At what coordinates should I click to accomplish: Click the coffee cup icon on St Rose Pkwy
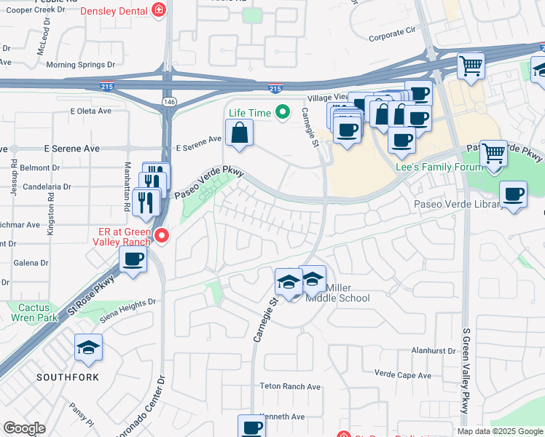[133, 259]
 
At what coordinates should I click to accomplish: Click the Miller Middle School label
[337, 293]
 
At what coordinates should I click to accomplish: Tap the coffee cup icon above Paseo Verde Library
[514, 194]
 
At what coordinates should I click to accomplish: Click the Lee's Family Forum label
[439, 167]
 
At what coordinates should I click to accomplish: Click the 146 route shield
[169, 101]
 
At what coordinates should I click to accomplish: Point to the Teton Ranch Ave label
[290, 387]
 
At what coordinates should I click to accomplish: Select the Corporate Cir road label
[391, 33]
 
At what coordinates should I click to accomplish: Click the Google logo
[24, 428]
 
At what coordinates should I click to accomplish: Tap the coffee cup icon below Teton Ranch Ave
[252, 427]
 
